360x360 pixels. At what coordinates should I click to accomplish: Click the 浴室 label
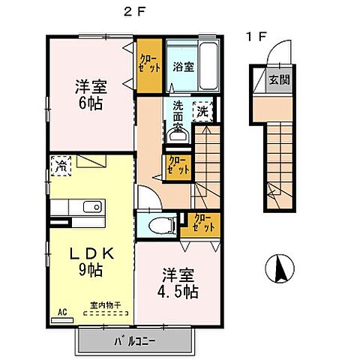[181, 67]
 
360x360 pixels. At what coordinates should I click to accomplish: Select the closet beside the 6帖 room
[147, 59]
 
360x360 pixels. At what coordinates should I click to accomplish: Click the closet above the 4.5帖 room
[202, 222]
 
